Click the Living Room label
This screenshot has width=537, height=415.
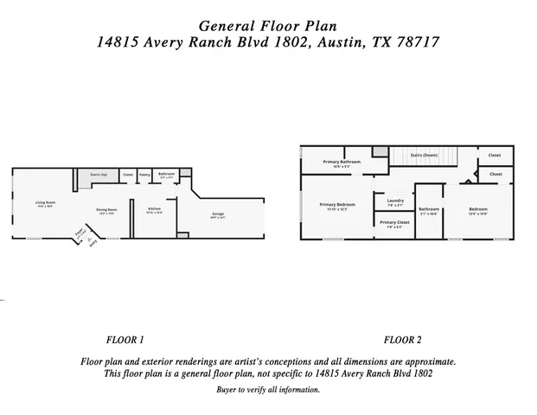[x=44, y=204]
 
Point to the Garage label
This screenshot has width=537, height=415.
[x=219, y=215]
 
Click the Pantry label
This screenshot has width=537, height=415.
[x=144, y=175]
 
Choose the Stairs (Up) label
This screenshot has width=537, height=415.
[x=99, y=175]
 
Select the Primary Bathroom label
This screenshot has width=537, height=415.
[x=342, y=163]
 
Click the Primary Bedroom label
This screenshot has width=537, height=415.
[x=336, y=206]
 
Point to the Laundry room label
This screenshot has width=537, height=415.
[x=395, y=201]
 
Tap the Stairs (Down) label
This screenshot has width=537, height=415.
[x=423, y=154]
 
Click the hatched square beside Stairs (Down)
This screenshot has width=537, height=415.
[x=379, y=151]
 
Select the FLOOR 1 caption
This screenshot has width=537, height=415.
[x=125, y=339]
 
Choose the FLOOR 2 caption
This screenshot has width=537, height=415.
[x=402, y=339]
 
